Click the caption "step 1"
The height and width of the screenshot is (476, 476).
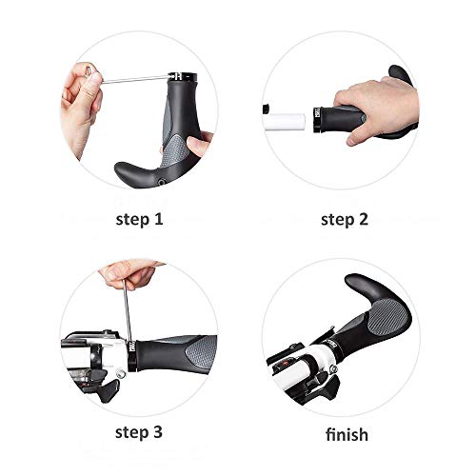tap(139, 219)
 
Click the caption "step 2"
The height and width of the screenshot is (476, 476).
tap(345, 219)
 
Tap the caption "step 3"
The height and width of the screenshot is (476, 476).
tap(139, 432)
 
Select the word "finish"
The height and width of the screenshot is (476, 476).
tap(347, 434)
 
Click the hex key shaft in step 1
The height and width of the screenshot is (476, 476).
tap(135, 79)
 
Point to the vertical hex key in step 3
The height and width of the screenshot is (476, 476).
tap(128, 311)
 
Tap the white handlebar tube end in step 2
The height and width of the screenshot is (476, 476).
tap(285, 121)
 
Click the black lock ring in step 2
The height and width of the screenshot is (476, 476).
tap(317, 120)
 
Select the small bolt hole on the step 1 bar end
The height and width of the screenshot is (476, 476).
tap(162, 182)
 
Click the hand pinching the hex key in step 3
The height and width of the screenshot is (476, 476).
tap(130, 273)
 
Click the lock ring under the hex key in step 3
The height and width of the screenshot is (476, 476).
tap(132, 356)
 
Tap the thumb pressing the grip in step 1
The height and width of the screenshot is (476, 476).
tap(199, 144)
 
